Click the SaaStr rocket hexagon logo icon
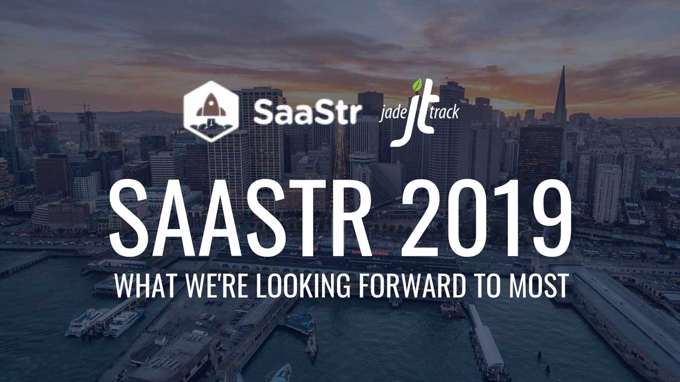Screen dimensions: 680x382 click(x=211, y=111)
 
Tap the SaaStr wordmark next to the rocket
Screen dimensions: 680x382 click(x=308, y=112)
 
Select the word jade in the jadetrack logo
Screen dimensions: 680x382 click(x=392, y=113)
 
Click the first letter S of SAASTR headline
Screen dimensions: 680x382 click(x=128, y=219)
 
